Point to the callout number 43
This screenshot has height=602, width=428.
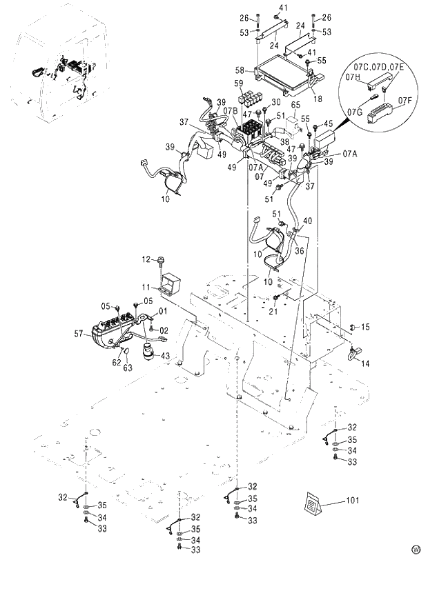click(x=165, y=355)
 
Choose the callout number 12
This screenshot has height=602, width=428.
click(x=146, y=259)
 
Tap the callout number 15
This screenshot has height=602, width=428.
click(x=366, y=326)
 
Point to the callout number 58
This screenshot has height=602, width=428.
click(x=240, y=70)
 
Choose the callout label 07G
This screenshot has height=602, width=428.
click(x=356, y=110)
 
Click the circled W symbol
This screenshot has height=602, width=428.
click(x=416, y=550)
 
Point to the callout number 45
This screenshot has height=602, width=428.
click(x=329, y=125)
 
